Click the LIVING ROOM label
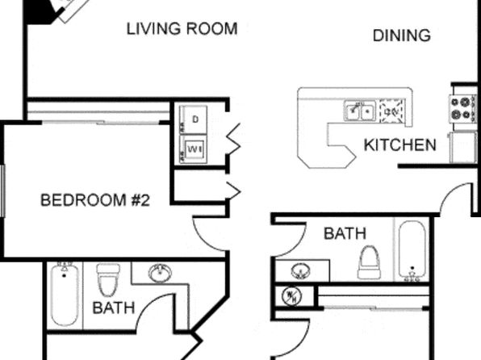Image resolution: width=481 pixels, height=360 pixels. tap(182, 28)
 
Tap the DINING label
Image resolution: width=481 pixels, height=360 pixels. tap(402, 36)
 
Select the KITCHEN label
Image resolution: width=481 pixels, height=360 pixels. tap(399, 144)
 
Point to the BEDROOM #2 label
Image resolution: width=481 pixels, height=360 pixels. tap(95, 200)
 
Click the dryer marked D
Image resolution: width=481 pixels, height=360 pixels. tap(194, 119)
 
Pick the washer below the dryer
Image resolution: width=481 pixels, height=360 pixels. tap(194, 149)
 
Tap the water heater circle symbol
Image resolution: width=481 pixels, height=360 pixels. tap(291, 296)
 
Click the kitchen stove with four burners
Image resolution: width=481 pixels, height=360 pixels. tap(463, 109)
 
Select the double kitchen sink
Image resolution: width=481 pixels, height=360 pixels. tap(360, 111)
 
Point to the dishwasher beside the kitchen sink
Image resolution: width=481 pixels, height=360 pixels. tap(392, 111)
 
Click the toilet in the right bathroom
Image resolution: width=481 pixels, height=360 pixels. tap(369, 262)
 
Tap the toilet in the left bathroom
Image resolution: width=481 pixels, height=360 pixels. tap(108, 279)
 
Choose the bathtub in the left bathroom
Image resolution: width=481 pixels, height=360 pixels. tap(65, 294)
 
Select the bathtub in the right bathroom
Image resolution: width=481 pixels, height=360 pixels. tap(412, 251)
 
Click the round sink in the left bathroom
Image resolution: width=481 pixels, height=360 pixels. tap(160, 273)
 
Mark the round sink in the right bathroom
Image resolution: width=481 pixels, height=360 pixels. tap(300, 271)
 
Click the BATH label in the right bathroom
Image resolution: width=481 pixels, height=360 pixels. tap(345, 233)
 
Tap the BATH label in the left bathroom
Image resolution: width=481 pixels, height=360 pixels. tap(114, 308)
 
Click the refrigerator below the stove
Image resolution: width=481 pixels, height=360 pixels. tap(463, 148)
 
